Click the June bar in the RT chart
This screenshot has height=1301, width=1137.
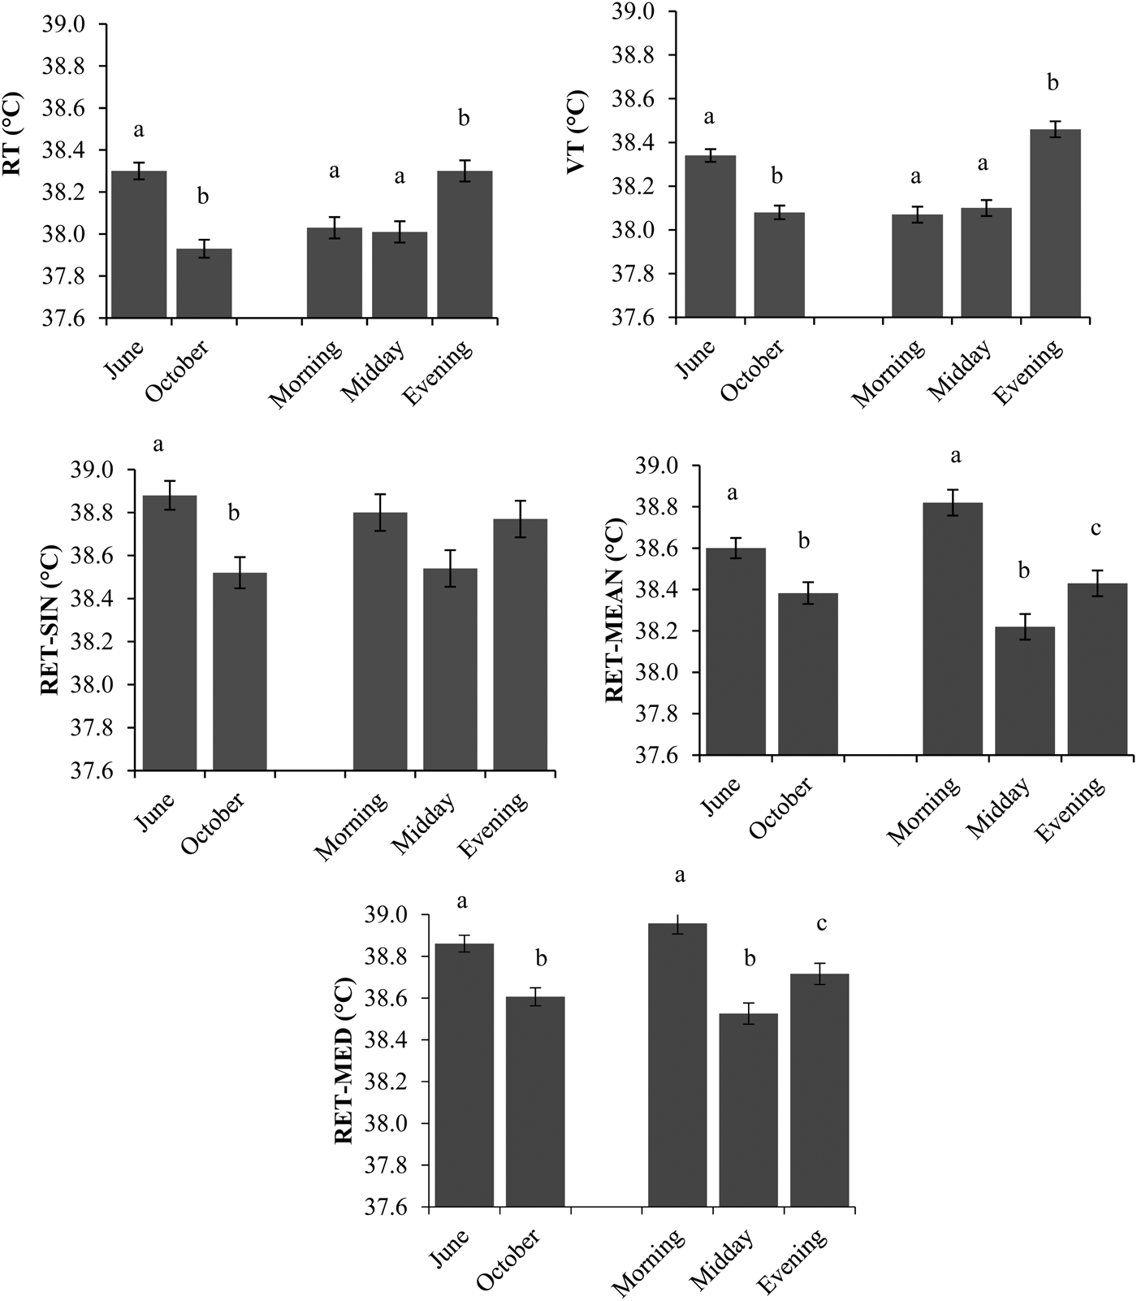click(x=138, y=244)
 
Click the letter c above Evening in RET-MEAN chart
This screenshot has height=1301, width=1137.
click(x=1096, y=529)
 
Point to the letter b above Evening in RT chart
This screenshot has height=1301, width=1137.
click(x=464, y=119)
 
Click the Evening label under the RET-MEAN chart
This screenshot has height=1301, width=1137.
click(x=1073, y=809)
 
